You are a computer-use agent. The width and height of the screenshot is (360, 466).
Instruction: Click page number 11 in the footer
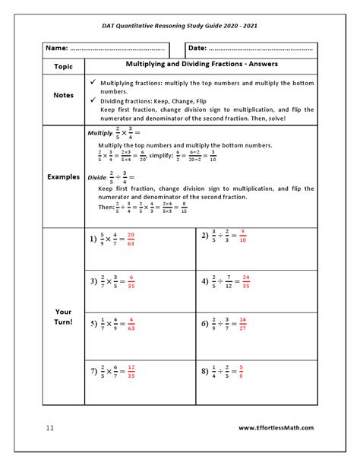tap(49, 429)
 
